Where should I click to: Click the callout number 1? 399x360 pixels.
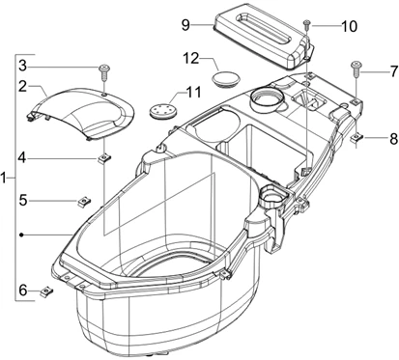point(8,179)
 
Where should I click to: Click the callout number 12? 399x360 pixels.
point(192,60)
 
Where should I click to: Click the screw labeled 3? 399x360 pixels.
point(100,69)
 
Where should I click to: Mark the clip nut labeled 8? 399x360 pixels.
point(357,139)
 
